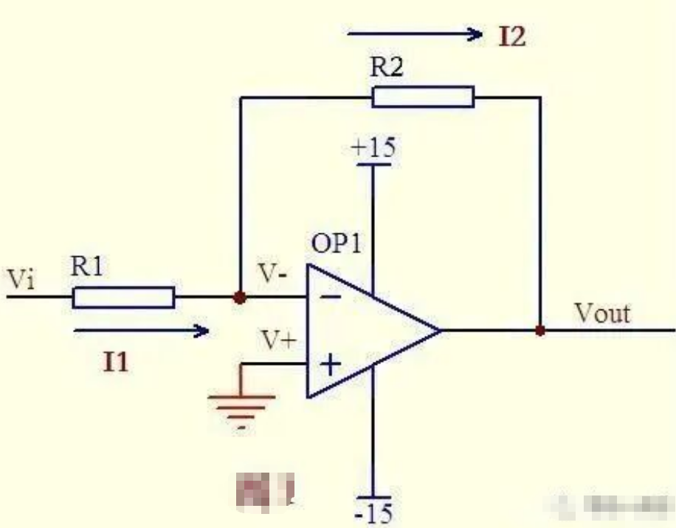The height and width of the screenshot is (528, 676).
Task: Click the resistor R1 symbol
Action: tap(123, 298)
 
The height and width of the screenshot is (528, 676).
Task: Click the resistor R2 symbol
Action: tap(423, 97)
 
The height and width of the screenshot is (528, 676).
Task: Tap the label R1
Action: tap(88, 267)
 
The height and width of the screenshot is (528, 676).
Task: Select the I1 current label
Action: tap(117, 363)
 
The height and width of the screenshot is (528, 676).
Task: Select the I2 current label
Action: tap(511, 37)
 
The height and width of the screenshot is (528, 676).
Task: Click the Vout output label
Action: tap(602, 313)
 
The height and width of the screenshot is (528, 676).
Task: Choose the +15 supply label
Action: tap(373, 147)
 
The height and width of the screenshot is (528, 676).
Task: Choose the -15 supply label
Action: tap(375, 511)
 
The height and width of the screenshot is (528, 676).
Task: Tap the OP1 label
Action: tap(336, 244)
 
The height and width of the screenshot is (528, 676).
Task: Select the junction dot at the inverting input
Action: tap(238, 298)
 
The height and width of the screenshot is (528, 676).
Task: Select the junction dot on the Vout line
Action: tap(540, 331)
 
